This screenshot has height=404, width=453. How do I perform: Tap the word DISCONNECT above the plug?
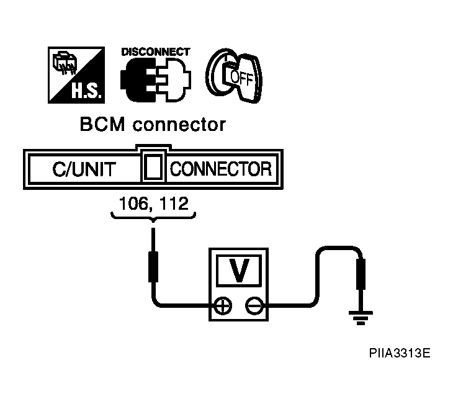tap(155, 52)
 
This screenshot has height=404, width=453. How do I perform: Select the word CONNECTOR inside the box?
tap(220, 169)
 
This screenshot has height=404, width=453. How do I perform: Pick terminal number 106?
tap(133, 204)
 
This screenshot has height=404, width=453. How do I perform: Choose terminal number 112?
tap(173, 204)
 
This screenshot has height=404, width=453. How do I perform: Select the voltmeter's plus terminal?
tap(223, 305)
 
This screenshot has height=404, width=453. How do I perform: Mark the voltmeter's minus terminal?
tap(253, 305)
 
